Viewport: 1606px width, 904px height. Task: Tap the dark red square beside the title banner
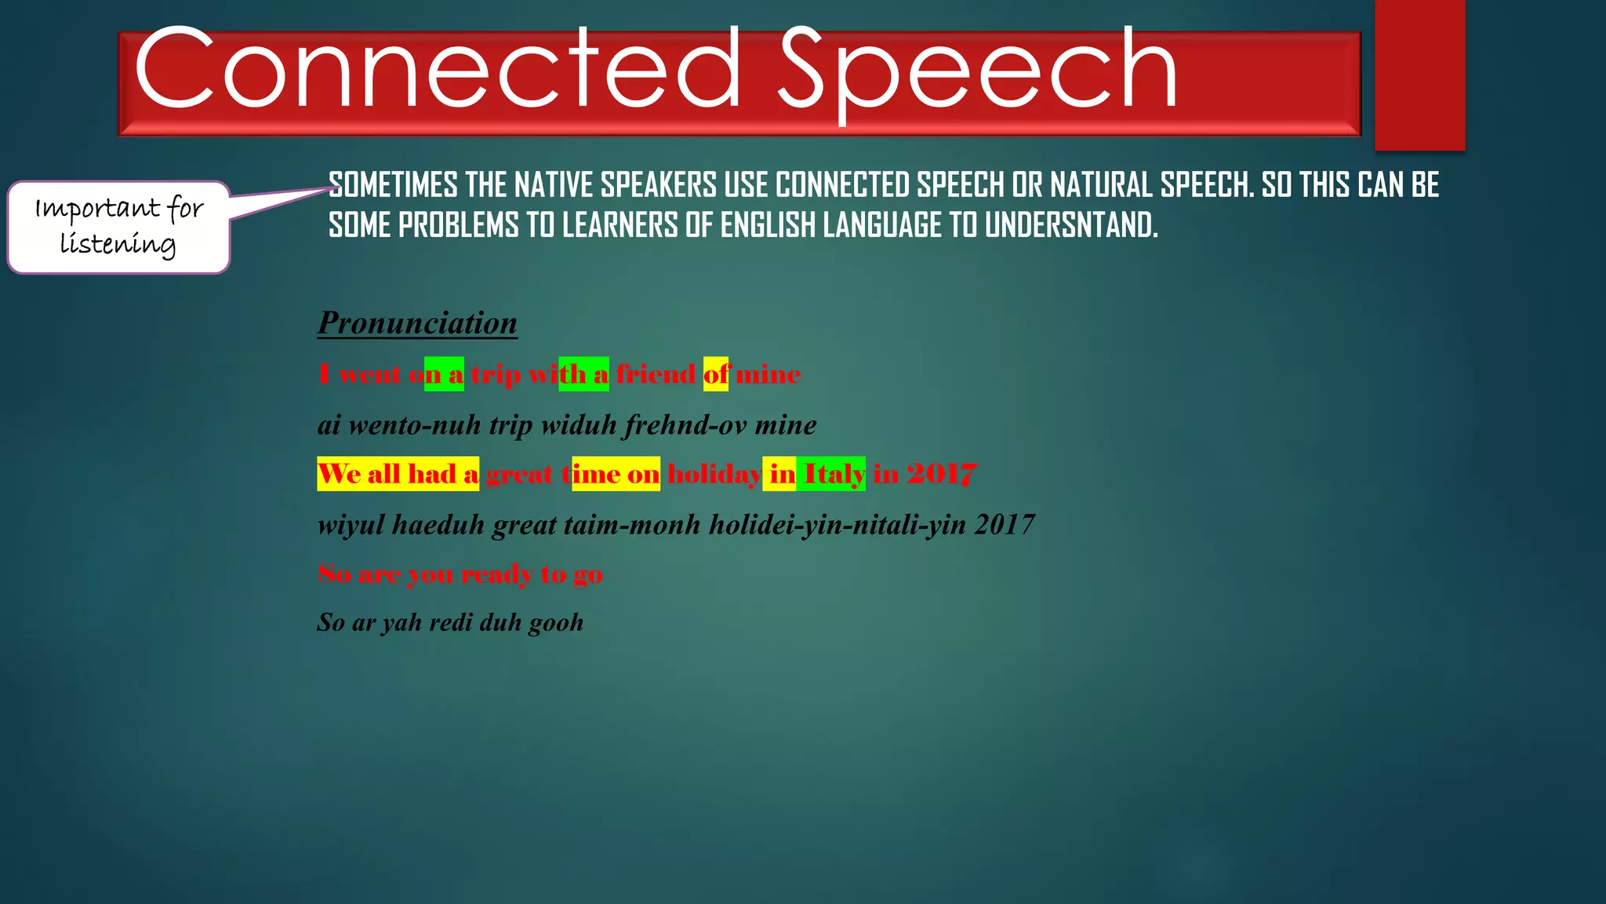pos(1419,75)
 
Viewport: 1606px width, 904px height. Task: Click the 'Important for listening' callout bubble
pos(118,227)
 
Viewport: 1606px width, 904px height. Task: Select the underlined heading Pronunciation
pos(417,323)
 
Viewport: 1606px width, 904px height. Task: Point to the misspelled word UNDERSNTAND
pos(1070,226)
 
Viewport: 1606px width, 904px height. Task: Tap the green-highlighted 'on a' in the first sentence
pos(444,374)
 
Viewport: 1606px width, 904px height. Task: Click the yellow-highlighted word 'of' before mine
pos(715,374)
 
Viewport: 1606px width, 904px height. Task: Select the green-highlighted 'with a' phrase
pos(583,374)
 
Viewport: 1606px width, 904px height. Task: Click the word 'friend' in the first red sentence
pos(656,374)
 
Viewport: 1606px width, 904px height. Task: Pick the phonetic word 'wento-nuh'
pos(414,425)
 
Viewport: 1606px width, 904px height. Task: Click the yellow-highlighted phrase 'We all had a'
pos(398,474)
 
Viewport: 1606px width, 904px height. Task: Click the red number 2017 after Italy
pos(941,474)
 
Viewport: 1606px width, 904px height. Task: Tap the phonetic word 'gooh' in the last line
pos(556,623)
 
